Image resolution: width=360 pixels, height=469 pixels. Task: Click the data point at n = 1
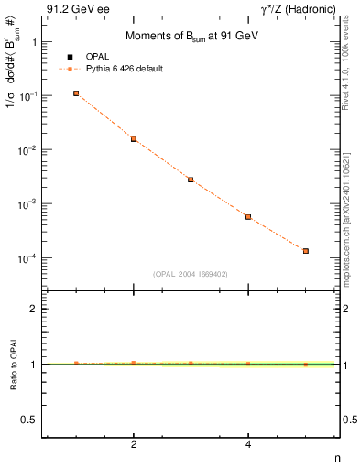76,93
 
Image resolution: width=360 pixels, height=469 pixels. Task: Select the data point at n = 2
134,139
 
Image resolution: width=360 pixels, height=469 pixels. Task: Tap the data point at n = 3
191,180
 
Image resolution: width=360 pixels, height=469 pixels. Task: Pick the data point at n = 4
248,217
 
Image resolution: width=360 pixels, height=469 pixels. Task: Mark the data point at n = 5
306,251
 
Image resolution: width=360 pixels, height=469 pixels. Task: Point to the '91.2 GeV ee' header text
71,9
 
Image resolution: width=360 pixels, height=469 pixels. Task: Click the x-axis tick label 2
134,446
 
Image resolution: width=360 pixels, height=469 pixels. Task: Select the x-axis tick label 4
248,446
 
